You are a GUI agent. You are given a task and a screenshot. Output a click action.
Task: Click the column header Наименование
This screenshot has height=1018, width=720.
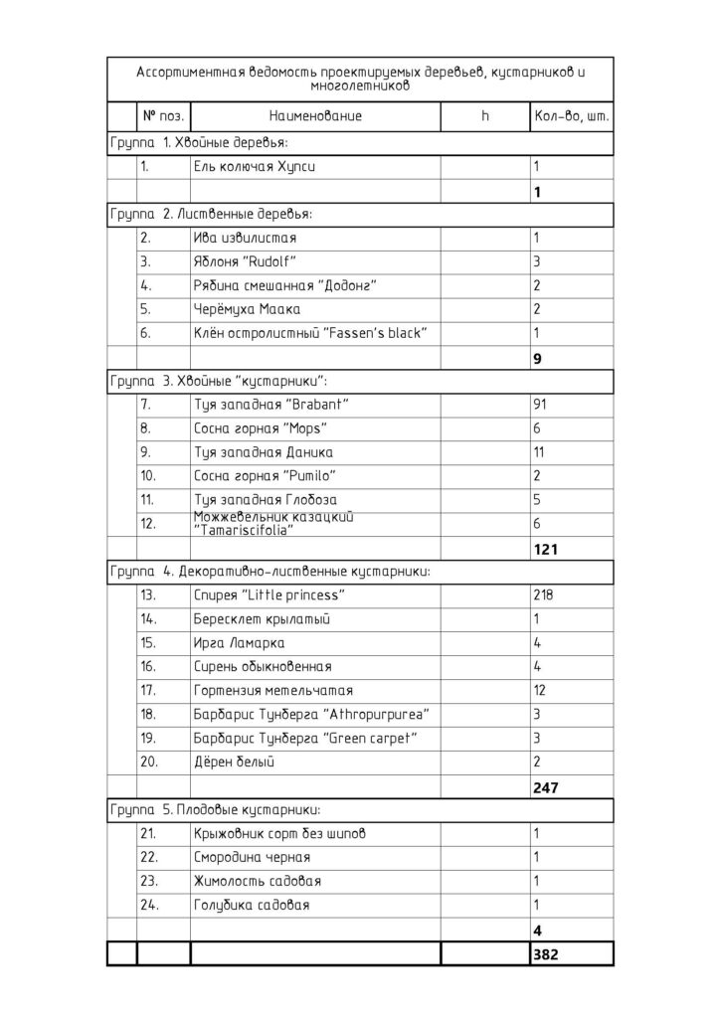pyautogui.click(x=314, y=116)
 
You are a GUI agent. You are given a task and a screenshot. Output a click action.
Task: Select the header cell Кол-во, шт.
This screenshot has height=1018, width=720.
pyautogui.click(x=571, y=116)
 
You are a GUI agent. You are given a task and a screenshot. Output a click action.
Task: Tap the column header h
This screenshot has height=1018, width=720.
pyautogui.click(x=485, y=116)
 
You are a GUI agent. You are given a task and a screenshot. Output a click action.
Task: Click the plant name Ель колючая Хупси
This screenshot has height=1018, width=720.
pyautogui.click(x=255, y=166)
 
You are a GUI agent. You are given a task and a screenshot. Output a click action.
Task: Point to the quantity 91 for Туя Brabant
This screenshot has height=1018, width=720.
pyautogui.click(x=541, y=405)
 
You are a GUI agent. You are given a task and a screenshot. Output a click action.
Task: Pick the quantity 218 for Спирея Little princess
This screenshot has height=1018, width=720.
pyautogui.click(x=544, y=595)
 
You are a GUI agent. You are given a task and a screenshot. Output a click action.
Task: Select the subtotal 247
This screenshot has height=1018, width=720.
pyautogui.click(x=546, y=787)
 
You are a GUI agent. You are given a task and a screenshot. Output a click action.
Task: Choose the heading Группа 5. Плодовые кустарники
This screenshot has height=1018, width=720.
pyautogui.click(x=214, y=810)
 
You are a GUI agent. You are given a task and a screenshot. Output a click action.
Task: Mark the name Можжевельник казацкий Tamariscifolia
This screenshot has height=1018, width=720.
pyautogui.click(x=273, y=524)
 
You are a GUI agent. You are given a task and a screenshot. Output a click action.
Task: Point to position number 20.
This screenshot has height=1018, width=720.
pyautogui.click(x=149, y=763)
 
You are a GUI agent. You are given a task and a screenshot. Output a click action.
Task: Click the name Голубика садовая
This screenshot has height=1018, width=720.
pyautogui.click(x=252, y=906)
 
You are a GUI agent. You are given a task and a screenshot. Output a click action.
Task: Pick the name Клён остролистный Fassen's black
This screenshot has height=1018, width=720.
pyautogui.click(x=309, y=333)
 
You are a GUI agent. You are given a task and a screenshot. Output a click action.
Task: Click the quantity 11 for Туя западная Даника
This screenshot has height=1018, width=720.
pyautogui.click(x=540, y=452)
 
